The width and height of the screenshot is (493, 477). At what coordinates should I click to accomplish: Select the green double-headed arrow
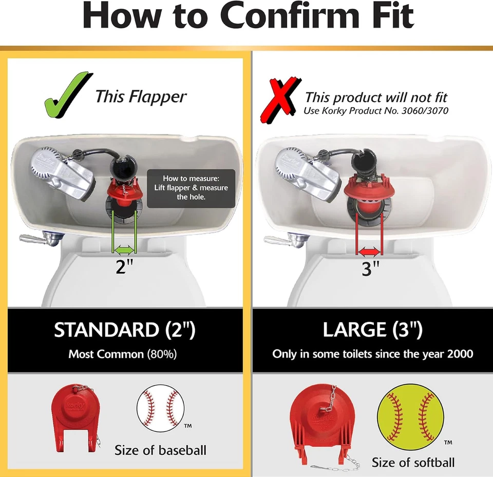(124, 250)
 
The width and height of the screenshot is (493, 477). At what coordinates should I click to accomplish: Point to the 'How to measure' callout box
(191, 188)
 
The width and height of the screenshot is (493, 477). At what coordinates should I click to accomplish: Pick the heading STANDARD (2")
(125, 330)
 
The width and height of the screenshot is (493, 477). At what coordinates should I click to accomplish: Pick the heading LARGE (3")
(372, 330)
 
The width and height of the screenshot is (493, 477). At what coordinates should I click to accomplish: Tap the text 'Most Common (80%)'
(123, 354)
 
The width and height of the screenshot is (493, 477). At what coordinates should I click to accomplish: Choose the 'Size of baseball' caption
(160, 450)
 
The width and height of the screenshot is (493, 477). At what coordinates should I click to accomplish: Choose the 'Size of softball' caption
(413, 462)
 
